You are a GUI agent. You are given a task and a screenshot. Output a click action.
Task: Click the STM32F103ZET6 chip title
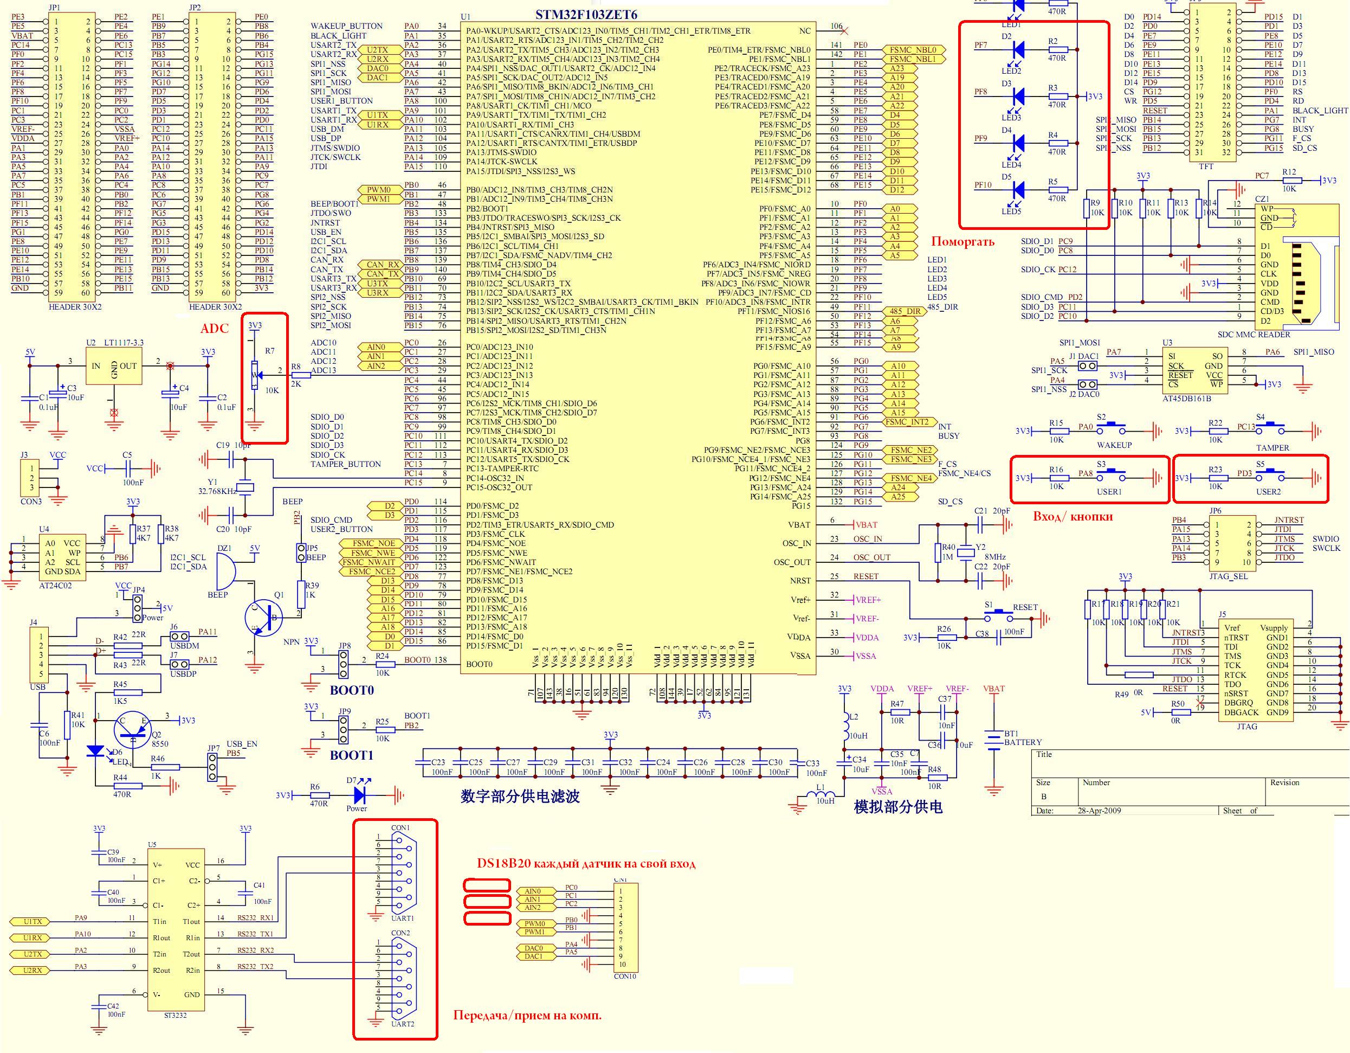(x=585, y=14)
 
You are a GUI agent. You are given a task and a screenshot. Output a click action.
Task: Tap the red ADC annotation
(x=215, y=329)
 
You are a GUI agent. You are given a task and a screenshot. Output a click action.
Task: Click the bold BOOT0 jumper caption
(x=352, y=690)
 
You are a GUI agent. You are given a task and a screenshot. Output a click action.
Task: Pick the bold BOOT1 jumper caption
(x=352, y=755)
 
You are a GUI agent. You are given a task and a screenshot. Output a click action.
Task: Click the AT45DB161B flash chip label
(x=1187, y=398)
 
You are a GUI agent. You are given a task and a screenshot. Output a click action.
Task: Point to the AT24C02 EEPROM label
(x=55, y=585)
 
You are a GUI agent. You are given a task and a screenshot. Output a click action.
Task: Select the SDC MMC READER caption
(x=1254, y=335)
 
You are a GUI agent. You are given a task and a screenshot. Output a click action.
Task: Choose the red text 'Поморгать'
(x=963, y=242)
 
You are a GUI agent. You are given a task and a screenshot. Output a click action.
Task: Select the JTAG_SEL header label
(x=1228, y=576)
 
